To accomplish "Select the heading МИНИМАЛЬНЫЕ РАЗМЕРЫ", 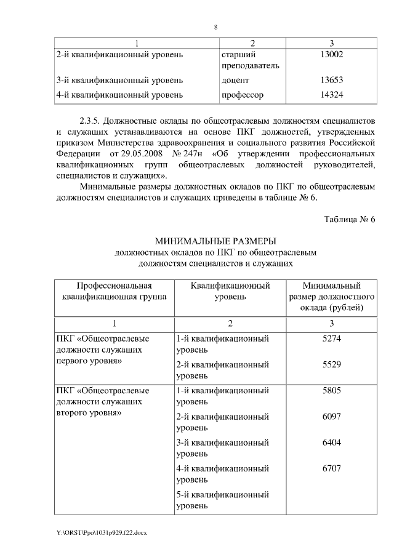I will click(x=215, y=241).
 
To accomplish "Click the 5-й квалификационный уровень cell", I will click(x=222, y=500).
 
